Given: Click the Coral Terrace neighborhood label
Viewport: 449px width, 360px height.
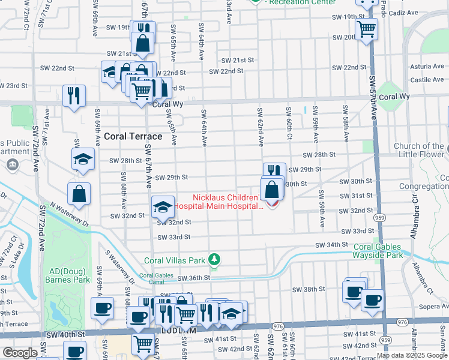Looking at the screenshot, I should [132, 136].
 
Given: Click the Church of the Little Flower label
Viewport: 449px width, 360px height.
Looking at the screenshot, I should [419, 151].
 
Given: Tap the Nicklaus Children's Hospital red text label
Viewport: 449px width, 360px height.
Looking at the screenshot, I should [228, 202].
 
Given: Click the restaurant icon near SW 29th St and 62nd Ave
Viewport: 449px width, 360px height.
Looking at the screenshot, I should [274, 172].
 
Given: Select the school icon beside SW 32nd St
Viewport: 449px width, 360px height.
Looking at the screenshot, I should [163, 206].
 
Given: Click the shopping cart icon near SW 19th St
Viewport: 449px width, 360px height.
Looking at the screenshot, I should [366, 28].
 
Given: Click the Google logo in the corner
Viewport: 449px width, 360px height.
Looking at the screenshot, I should [20, 353].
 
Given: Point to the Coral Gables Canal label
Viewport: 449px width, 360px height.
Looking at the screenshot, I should [156, 279].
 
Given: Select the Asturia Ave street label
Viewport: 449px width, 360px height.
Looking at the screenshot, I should [426, 68].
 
